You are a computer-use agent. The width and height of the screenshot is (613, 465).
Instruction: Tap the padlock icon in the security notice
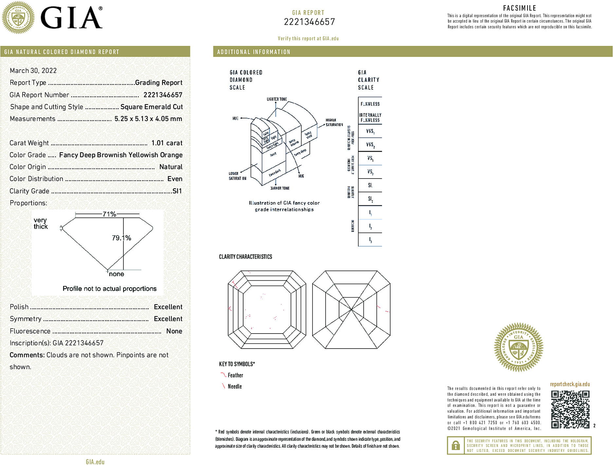click(x=456, y=445)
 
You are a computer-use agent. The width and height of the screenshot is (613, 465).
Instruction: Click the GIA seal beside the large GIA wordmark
click(x=18, y=18)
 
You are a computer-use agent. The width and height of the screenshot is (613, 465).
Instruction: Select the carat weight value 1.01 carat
click(x=167, y=143)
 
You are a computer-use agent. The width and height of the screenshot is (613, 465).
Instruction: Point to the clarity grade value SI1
click(x=177, y=191)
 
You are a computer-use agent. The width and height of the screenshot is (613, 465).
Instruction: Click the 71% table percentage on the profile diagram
click(x=109, y=214)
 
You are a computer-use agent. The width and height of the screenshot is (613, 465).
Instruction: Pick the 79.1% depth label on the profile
click(x=121, y=238)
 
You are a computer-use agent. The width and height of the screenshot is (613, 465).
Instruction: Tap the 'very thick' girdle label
click(x=41, y=223)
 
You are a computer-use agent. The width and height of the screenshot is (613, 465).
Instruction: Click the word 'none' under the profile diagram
click(x=117, y=274)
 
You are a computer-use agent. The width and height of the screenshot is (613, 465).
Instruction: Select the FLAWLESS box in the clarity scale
click(x=370, y=104)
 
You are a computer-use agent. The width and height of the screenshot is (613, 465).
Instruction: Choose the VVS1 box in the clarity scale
click(x=370, y=131)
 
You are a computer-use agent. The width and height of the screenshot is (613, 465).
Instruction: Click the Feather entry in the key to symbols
click(x=235, y=375)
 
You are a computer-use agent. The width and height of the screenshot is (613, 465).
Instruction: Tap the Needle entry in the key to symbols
click(x=235, y=386)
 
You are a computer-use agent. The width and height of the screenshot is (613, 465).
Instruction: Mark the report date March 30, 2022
click(x=33, y=71)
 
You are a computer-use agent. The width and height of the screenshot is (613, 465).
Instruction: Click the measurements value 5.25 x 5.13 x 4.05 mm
click(x=148, y=119)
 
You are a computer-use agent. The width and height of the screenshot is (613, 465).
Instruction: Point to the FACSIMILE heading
click(x=519, y=8)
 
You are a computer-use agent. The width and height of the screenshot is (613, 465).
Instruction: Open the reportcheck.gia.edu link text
click(x=570, y=384)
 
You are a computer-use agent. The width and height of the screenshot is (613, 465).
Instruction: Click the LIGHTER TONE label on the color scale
click(x=277, y=99)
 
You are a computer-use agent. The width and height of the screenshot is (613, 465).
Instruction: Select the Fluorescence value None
click(x=174, y=331)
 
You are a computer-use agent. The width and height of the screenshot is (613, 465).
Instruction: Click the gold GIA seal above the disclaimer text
click(x=518, y=347)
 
